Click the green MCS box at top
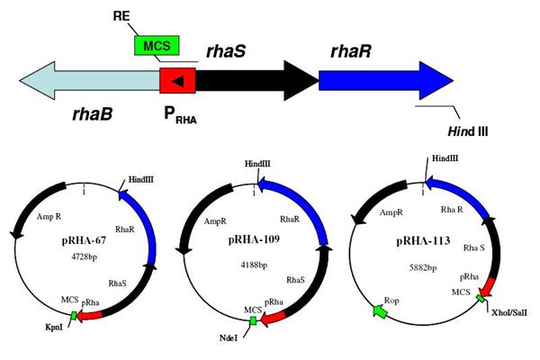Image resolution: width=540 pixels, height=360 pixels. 157,45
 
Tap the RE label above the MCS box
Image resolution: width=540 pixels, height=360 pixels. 125,17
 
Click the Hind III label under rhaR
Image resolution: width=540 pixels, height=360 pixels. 468,131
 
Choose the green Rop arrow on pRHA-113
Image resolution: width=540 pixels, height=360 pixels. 379,311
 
